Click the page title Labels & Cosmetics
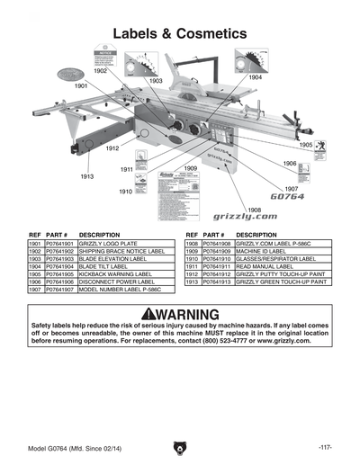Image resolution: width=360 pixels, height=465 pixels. (179, 33)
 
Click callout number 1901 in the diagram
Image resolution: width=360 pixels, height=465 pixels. (81, 85)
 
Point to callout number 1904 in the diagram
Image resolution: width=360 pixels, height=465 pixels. (255, 77)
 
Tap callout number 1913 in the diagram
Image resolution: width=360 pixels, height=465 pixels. (86, 176)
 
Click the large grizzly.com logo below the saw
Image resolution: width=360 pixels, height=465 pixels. (212, 217)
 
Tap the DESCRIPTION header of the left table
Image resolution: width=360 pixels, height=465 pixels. (100, 235)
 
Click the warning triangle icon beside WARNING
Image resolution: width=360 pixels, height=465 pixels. (134, 314)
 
